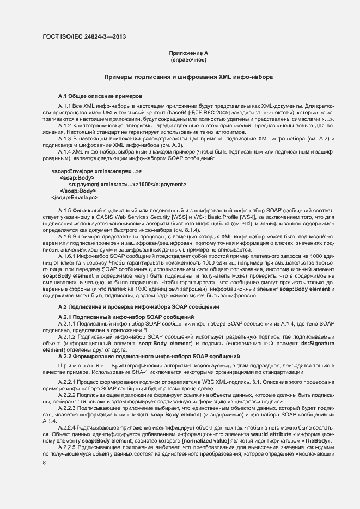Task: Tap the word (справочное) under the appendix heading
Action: pos(188,60)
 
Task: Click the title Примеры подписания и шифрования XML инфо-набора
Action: pos(188,78)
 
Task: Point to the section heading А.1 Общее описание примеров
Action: pos(100,95)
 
